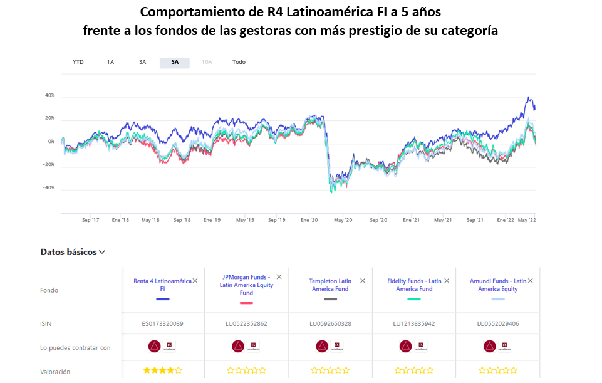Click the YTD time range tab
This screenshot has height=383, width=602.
coord(78,62)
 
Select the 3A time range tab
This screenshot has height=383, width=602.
coord(143,62)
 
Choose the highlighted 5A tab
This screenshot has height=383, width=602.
coord(175,63)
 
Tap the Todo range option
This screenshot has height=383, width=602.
coord(239,62)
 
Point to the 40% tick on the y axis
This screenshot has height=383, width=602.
coord(49,95)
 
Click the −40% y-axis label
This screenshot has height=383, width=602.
coord(48,187)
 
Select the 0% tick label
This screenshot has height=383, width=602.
coord(51,142)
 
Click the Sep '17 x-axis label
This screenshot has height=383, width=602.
coord(91,220)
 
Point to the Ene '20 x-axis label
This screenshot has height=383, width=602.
coord(309,220)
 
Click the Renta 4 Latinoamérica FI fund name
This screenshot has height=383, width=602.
coord(162,285)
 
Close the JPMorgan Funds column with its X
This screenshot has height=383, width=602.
coord(279,277)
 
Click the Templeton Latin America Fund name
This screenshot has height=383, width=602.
coord(330,285)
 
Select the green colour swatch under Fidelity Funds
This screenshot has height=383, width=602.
coord(414,299)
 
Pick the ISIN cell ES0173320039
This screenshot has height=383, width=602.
coord(162,324)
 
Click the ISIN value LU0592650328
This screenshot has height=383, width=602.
coord(330,324)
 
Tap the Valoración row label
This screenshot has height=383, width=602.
coord(56,372)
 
